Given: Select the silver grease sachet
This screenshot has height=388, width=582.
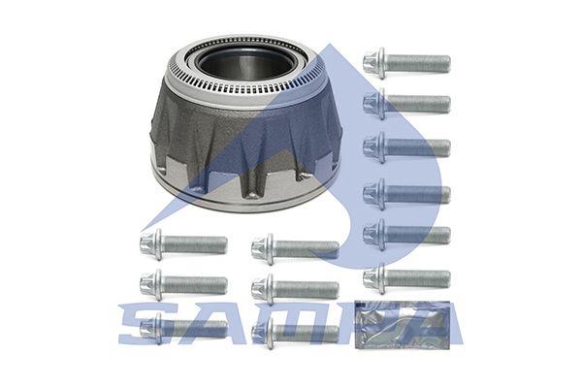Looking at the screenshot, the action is click(403, 326).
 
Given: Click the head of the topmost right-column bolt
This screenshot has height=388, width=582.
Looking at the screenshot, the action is click(374, 63).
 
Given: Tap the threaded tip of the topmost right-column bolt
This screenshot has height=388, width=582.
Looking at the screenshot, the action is click(445, 63).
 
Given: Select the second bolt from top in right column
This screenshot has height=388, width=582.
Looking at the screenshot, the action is click(407, 104).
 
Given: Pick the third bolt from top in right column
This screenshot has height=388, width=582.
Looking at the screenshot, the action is click(407, 147).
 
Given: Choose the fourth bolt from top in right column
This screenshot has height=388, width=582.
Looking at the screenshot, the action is click(407, 194).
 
